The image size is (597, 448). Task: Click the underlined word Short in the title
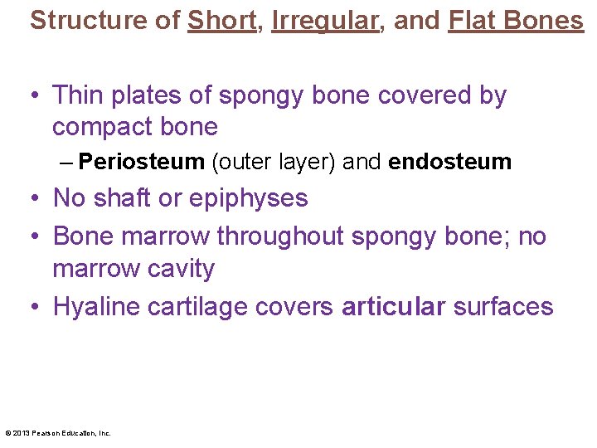point(221,21)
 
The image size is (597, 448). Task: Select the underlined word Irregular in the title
point(323,21)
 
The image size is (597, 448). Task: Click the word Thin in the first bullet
point(77,95)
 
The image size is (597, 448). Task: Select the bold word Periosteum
point(142,162)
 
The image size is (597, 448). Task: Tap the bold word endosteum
point(449,162)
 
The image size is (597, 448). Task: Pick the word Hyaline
point(96,308)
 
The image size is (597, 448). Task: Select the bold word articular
point(394,306)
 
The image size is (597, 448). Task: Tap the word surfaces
point(503,306)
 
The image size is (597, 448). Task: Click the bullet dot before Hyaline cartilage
point(35,307)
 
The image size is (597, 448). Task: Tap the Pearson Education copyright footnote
point(58,432)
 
